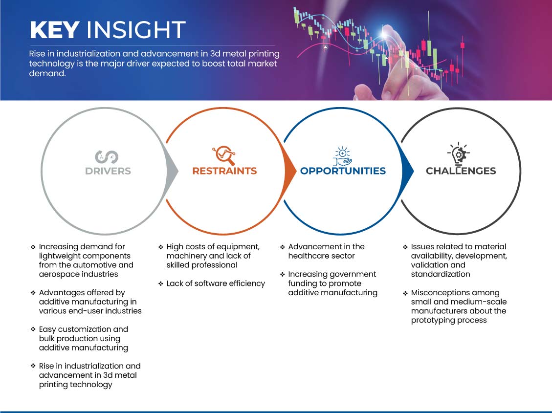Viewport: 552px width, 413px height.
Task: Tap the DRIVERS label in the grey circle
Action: click(x=108, y=171)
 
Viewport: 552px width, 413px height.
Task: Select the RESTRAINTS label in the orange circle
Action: click(x=224, y=171)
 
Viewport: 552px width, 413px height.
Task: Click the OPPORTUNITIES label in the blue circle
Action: click(x=343, y=171)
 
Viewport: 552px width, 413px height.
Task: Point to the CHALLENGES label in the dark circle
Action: click(x=461, y=171)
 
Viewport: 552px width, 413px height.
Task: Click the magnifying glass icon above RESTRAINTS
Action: click(x=224, y=155)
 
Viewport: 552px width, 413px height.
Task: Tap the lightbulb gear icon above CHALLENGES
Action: click(x=459, y=153)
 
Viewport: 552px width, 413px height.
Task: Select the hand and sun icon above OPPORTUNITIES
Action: click(x=343, y=156)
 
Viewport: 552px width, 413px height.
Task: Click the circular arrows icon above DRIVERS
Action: click(x=107, y=157)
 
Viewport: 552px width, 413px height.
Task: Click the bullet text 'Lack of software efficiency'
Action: click(x=216, y=283)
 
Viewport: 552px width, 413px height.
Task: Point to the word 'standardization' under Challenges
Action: click(x=441, y=274)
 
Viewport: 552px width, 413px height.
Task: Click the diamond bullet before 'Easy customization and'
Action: click(x=33, y=329)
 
